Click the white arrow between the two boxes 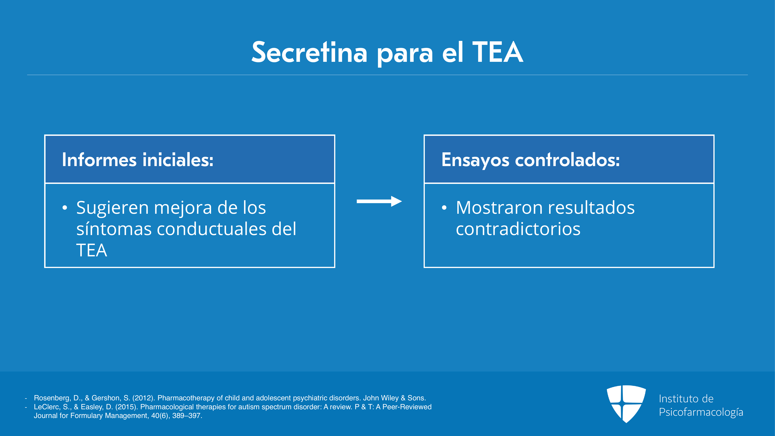pos(379,201)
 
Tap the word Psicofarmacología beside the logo pos(701,412)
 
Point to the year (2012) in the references pos(144,398)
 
